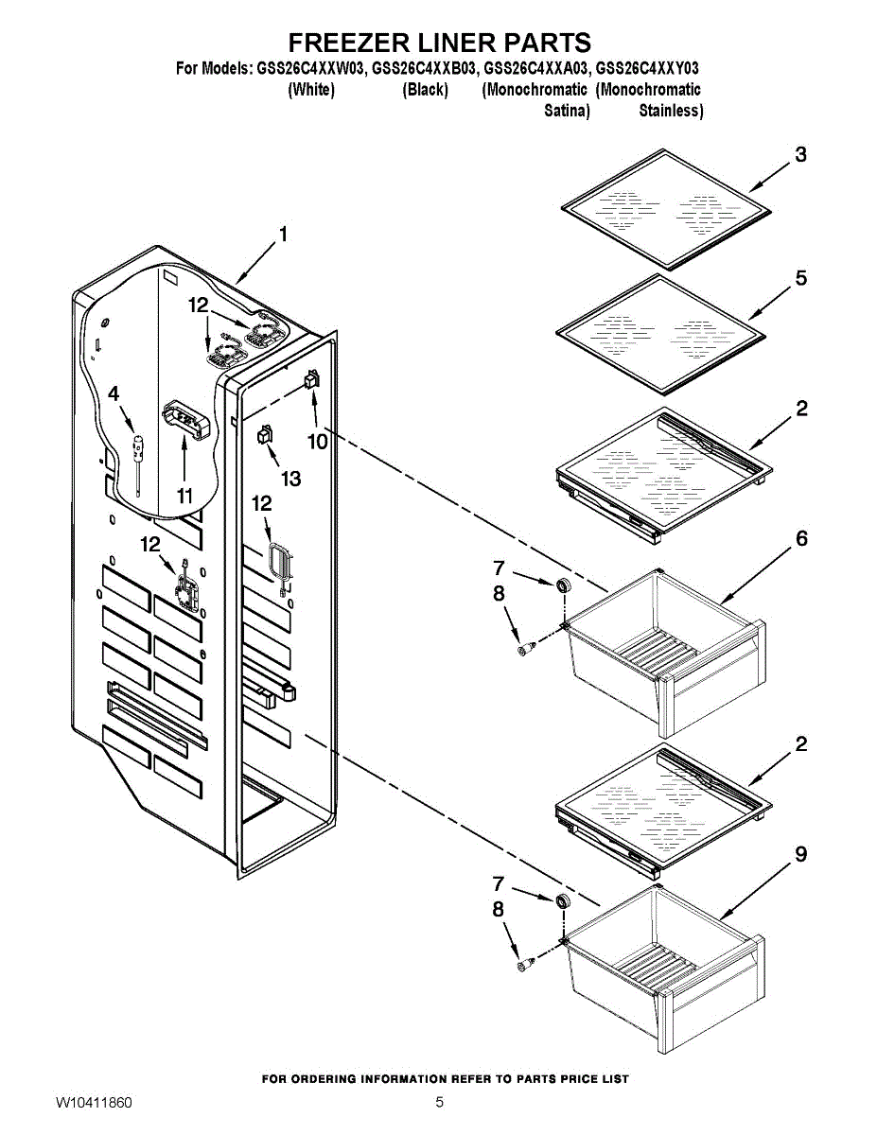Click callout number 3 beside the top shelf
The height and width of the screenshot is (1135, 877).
pyautogui.click(x=800, y=154)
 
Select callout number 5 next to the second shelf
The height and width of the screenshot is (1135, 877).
pyautogui.click(x=800, y=278)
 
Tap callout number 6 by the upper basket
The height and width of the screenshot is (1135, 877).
pyautogui.click(x=800, y=538)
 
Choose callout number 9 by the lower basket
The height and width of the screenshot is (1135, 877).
pyautogui.click(x=800, y=854)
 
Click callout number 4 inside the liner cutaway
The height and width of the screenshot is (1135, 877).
pyautogui.click(x=114, y=393)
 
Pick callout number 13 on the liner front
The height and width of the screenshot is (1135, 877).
pyautogui.click(x=289, y=479)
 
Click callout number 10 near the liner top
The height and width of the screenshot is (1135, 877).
pyautogui.click(x=316, y=441)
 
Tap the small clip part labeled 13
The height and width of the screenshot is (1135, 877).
pyautogui.click(x=263, y=434)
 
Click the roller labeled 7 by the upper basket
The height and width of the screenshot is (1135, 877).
pyautogui.click(x=564, y=586)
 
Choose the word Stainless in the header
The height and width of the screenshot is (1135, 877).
pyautogui.click(x=671, y=111)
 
